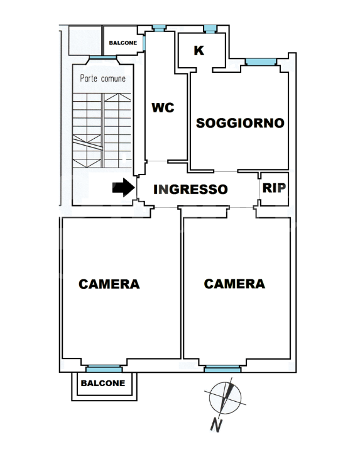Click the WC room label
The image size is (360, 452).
[163, 107]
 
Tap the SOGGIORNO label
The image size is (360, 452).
[240, 123]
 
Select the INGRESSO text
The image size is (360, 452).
[190, 189]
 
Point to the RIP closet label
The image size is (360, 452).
[273, 188]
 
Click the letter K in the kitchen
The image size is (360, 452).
[199, 51]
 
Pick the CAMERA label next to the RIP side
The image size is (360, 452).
[234, 284]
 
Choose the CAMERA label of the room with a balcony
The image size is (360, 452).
[109, 284]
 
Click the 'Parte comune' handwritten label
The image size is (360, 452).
[102, 79]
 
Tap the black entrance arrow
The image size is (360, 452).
[123, 187]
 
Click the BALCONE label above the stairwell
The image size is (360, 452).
[123, 43]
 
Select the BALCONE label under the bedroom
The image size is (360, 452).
[102, 383]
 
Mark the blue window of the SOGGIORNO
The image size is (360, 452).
[260, 62]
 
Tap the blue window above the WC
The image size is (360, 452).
[159, 28]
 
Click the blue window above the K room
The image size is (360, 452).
[209, 28]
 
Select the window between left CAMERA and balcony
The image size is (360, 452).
[104, 369]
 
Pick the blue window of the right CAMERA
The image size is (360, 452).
[222, 369]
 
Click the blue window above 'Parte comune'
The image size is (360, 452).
[98, 58]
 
